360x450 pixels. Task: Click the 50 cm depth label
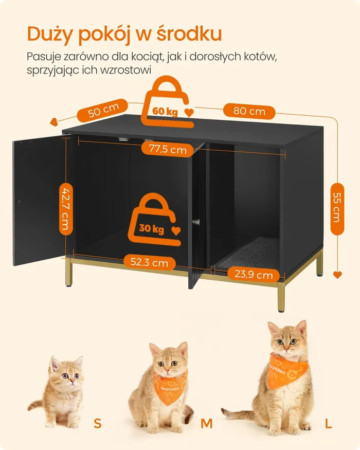(x=102, y=110)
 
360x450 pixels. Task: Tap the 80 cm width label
(x=249, y=111)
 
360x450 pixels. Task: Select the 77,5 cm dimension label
(x=168, y=149)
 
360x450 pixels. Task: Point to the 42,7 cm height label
(x=66, y=209)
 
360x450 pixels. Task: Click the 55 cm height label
(x=337, y=209)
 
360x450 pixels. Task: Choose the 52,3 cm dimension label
(x=149, y=262)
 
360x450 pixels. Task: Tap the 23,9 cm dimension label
(x=254, y=274)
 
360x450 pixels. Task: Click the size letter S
(x=98, y=423)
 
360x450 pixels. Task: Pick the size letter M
(x=207, y=424)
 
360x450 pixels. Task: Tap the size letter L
(x=329, y=423)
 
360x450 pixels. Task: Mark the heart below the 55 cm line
(x=337, y=275)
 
